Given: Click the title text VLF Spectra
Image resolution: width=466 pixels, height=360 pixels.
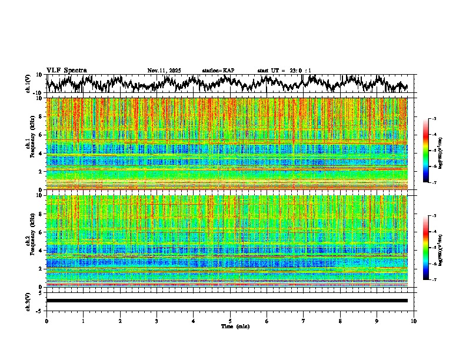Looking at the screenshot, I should click(x=66, y=70).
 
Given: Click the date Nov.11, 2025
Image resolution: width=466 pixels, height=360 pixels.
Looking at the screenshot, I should click(x=164, y=71).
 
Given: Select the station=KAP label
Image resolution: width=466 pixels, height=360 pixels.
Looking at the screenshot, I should click(x=218, y=71).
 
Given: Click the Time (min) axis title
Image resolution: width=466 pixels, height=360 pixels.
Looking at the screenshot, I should click(x=235, y=326).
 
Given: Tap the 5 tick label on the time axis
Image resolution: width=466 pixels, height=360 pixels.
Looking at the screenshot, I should click(x=230, y=321).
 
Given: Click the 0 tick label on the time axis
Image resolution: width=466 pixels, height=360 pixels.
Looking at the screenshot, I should click(x=46, y=321).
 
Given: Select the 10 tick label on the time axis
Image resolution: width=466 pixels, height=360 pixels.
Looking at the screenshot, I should click(x=414, y=321).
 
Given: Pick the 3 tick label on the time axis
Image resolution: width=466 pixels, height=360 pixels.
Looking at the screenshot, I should click(x=157, y=321).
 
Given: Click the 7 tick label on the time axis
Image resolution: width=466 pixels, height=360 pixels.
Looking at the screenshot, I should click(x=304, y=321).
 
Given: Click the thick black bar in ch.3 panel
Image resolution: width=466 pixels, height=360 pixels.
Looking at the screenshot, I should click(x=227, y=301).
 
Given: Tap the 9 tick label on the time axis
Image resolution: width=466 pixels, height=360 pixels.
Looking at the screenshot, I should click(x=377, y=321).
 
